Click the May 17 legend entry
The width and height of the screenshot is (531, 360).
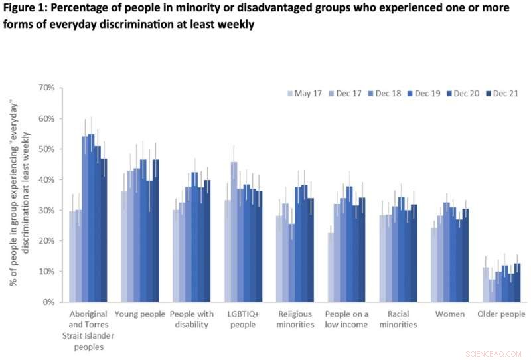307,94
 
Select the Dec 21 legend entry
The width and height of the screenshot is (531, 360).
502,94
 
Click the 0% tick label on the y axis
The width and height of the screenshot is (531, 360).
47,302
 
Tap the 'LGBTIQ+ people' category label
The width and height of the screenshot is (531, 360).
243,319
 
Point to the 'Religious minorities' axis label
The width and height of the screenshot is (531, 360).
295,319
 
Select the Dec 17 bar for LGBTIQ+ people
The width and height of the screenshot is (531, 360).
234,232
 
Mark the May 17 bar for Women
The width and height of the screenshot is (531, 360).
434,265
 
